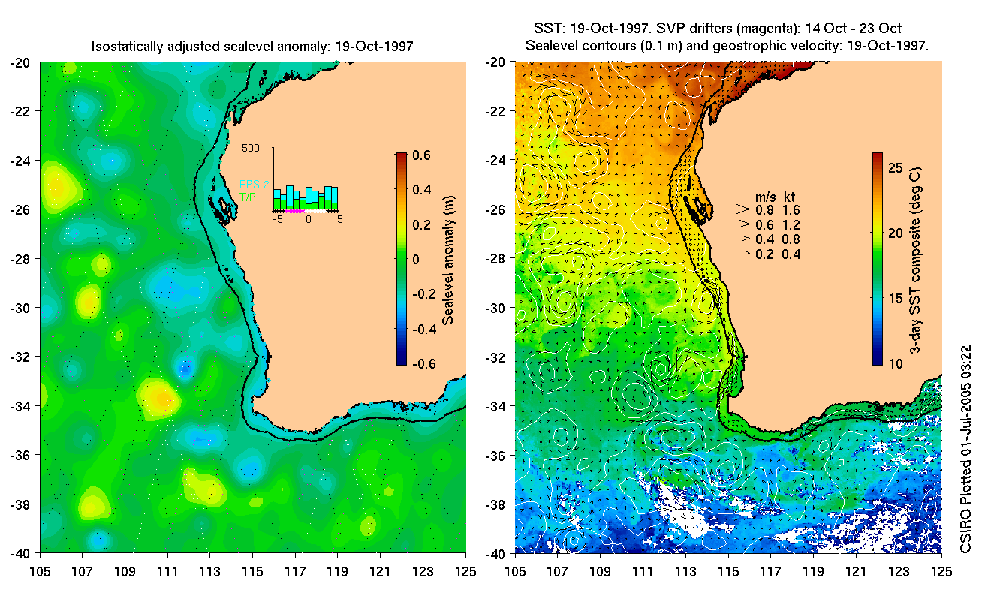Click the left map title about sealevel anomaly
252,47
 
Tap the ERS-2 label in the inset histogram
254,184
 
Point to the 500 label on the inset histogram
251,149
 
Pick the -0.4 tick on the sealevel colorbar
420,330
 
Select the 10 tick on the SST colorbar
893,364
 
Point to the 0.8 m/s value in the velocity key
764,210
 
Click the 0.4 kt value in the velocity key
791,254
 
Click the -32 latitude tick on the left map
20,357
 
